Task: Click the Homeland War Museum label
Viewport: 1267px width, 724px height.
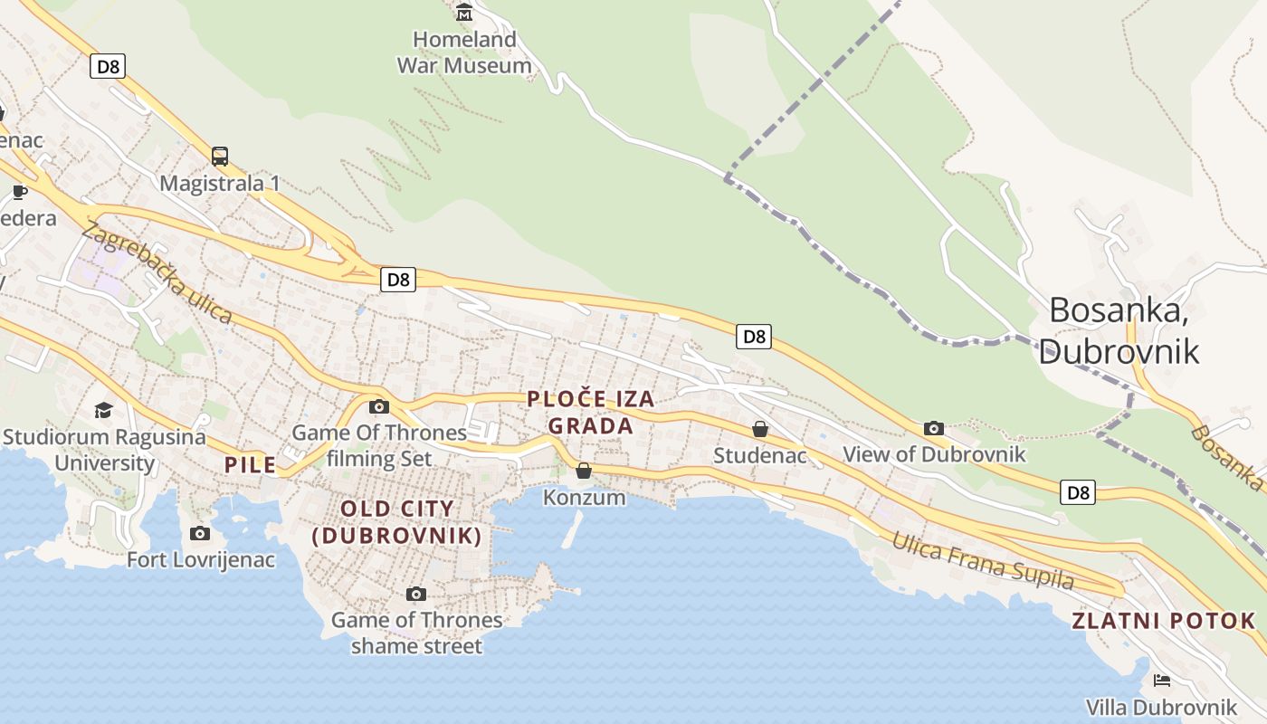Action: (x=464, y=52)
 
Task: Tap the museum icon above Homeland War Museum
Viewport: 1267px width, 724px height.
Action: (x=464, y=12)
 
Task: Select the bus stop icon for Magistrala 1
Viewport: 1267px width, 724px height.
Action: (x=220, y=156)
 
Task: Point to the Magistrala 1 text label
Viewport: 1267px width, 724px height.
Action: (x=220, y=184)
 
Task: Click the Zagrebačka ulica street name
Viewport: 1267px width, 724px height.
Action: (x=157, y=272)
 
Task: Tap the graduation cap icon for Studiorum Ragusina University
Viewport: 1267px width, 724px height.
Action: (x=103, y=410)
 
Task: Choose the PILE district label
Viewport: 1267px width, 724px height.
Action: (x=250, y=465)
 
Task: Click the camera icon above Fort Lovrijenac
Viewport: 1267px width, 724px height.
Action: (x=200, y=533)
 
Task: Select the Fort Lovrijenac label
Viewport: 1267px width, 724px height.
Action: (x=200, y=559)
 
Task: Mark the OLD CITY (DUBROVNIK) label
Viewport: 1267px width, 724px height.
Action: (x=396, y=522)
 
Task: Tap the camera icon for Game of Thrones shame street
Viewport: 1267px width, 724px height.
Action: (x=416, y=594)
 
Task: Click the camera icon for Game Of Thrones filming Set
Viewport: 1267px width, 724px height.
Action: (x=379, y=406)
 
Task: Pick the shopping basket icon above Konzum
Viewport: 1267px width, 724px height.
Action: (x=584, y=471)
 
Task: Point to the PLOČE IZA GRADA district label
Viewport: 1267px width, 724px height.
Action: (x=590, y=412)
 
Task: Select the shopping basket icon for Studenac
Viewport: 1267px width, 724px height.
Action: (x=760, y=429)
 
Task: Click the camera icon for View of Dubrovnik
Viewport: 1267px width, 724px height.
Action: (x=934, y=428)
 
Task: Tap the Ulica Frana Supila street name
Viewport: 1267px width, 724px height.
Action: (x=983, y=561)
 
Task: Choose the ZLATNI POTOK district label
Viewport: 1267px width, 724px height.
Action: (x=1164, y=621)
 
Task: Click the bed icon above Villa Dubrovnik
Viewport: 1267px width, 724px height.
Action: (x=1162, y=681)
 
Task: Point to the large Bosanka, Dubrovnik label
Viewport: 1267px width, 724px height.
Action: (x=1119, y=330)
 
